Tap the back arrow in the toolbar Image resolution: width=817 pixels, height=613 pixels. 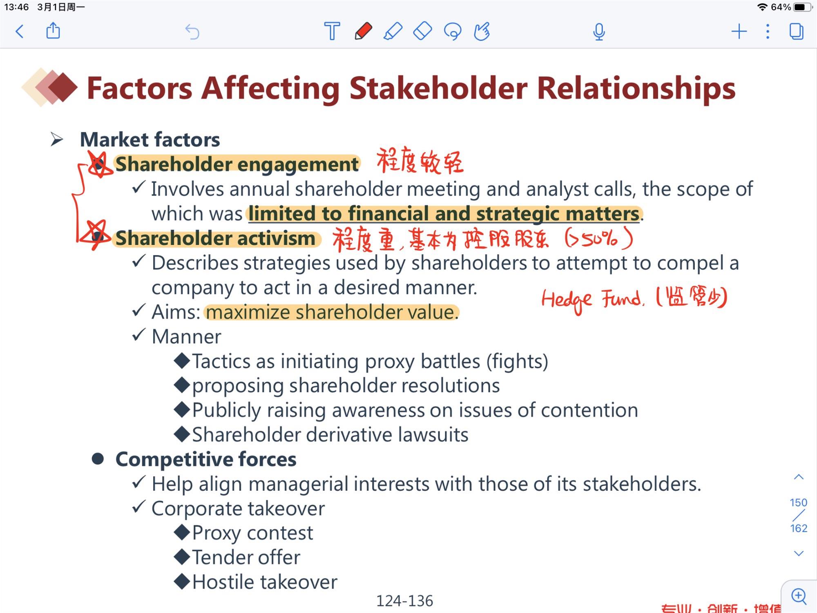tap(20, 31)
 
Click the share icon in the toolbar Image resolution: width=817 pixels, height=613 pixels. tap(53, 31)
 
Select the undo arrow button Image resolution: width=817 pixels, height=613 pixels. tap(192, 31)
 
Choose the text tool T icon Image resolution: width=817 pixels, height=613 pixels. tap(332, 31)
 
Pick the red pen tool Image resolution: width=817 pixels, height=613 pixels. tap(363, 31)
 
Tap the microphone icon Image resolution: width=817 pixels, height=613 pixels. tap(599, 31)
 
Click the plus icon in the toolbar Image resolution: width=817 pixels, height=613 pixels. tap(739, 31)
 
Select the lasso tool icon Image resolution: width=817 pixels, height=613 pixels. tap(453, 31)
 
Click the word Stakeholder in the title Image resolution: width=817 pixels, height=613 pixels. tap(438, 88)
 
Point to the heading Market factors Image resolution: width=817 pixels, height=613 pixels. tap(150, 140)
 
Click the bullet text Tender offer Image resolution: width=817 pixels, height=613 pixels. tap(246, 557)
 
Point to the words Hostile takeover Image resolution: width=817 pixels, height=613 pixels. tap(265, 582)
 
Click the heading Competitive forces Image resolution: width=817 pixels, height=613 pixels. tap(206, 459)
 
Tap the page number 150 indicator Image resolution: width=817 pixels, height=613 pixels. tap(799, 502)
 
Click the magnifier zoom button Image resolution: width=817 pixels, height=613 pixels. tap(799, 596)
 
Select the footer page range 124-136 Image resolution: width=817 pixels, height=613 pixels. tap(404, 601)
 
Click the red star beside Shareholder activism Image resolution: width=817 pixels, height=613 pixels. tap(95, 235)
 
